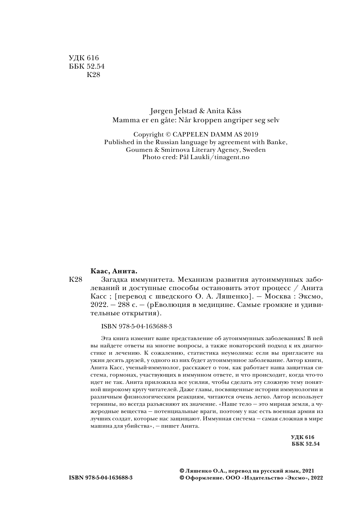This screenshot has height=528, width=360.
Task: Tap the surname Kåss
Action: coord(233,111)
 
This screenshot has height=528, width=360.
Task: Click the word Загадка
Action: coord(107,280)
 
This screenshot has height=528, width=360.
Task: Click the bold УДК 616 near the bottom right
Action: coord(302,437)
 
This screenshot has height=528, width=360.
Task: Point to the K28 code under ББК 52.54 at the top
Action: coord(93,75)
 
